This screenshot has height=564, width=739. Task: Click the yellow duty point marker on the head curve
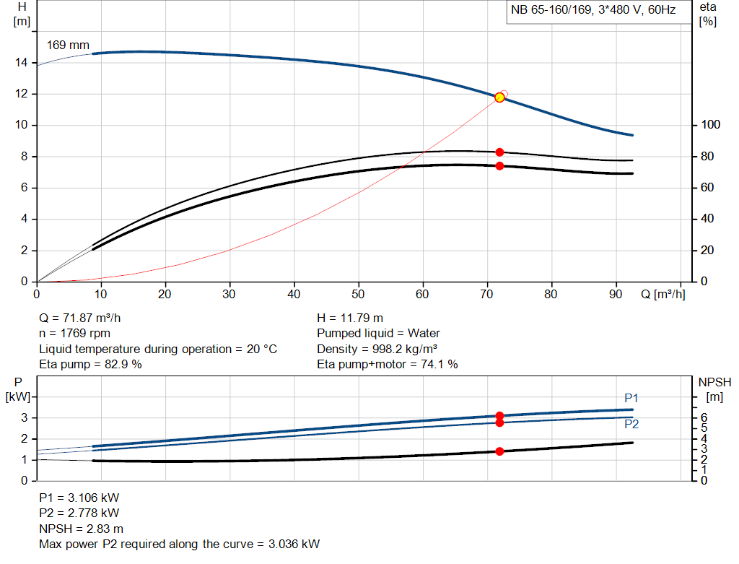click(x=499, y=97)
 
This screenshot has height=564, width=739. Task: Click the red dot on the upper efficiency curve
click(x=499, y=152)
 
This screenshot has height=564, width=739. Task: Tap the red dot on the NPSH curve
click(x=499, y=451)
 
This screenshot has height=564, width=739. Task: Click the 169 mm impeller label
click(x=68, y=45)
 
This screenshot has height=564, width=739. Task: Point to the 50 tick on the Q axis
click(x=359, y=294)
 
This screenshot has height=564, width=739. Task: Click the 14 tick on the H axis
click(x=21, y=63)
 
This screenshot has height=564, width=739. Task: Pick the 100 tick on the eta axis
click(x=710, y=125)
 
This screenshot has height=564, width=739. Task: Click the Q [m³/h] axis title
click(x=663, y=294)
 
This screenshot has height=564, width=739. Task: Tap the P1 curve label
click(x=631, y=399)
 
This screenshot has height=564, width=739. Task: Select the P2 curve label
click(x=631, y=424)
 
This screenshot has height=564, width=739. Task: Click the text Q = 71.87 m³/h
click(x=85, y=318)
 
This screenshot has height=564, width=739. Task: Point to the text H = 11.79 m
click(x=350, y=318)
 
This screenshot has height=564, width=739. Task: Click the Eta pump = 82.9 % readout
click(x=90, y=364)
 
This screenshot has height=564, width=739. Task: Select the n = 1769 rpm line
click(x=74, y=333)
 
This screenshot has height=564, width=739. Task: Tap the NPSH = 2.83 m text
click(x=81, y=529)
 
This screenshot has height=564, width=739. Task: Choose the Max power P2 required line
click(x=179, y=544)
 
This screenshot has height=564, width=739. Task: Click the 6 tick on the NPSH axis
click(x=704, y=417)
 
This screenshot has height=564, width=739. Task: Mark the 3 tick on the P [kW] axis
click(x=24, y=417)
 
